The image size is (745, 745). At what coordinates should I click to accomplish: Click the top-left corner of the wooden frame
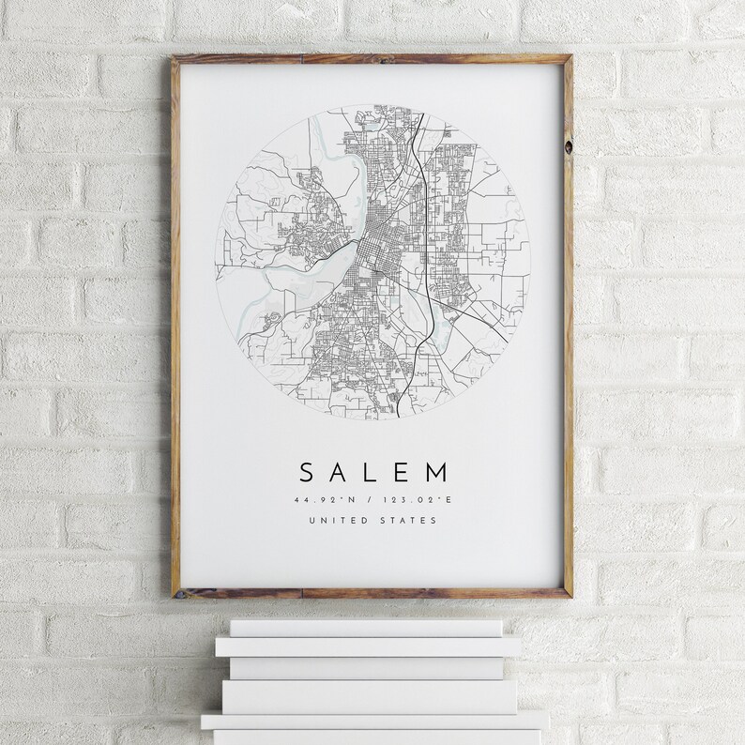pos(173,59)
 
